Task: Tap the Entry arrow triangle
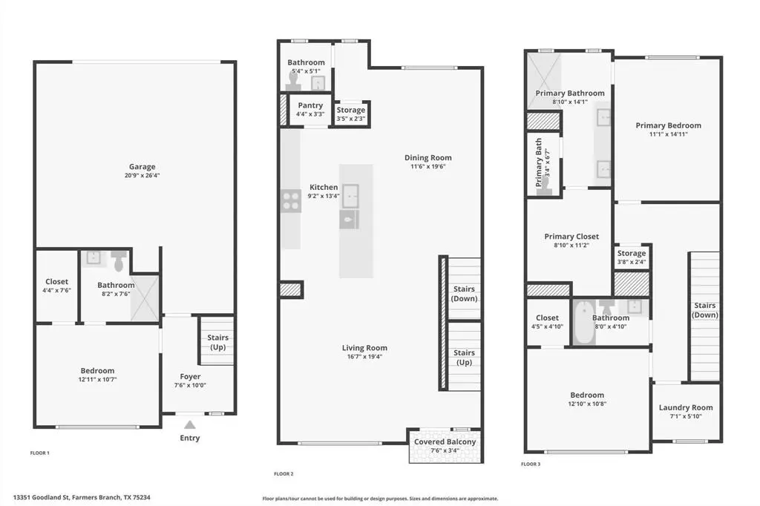(190, 425)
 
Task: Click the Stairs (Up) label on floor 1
(218, 342)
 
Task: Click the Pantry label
(309, 105)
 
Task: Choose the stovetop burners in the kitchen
(290, 200)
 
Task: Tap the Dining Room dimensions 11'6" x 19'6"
(428, 167)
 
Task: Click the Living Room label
(364, 348)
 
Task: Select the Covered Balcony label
(445, 442)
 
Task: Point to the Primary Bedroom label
(668, 125)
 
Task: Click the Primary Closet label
(571, 237)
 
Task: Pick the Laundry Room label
(686, 407)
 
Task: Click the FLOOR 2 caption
(284, 473)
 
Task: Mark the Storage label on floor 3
(632, 254)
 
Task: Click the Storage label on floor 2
(351, 110)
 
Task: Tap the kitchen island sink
(350, 191)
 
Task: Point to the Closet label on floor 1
(56, 282)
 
